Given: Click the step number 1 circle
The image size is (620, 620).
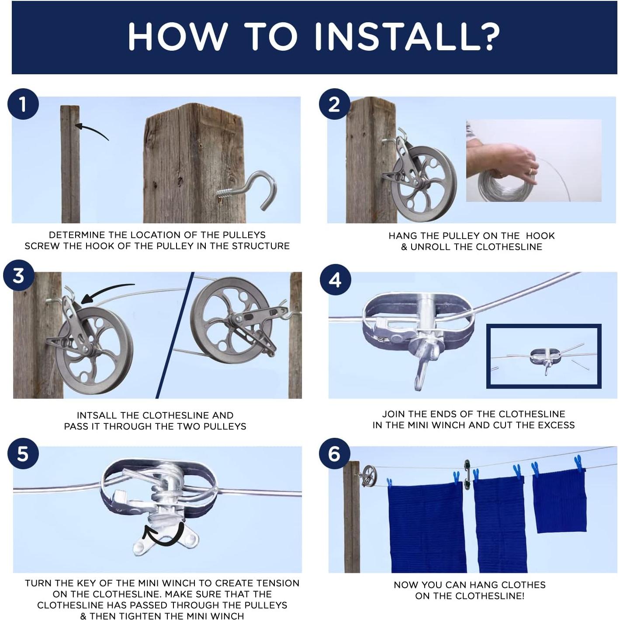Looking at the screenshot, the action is tap(23, 104).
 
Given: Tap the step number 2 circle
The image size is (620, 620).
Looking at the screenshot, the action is tap(334, 104).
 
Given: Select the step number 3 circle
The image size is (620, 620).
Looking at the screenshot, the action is tap(18, 275).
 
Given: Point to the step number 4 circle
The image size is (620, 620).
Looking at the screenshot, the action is tap(335, 280).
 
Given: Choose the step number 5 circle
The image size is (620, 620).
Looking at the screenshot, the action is tap(23, 454).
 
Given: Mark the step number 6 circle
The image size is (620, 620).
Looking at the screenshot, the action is tap(334, 454).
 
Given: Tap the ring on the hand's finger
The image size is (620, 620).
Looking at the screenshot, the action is tap(532, 171).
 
